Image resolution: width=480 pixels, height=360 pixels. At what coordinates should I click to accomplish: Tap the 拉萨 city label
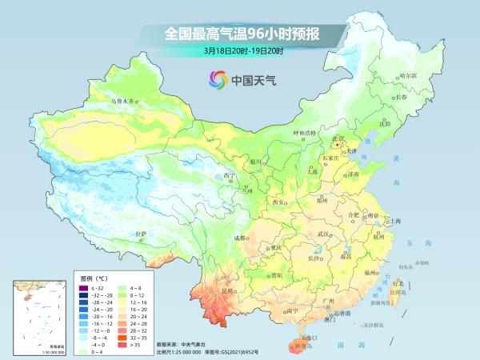(x=141, y=234)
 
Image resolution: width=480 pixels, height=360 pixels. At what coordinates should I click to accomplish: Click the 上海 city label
(x=394, y=220)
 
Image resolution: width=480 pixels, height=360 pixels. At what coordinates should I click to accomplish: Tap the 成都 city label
(x=240, y=238)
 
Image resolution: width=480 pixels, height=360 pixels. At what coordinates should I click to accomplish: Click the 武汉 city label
(x=323, y=234)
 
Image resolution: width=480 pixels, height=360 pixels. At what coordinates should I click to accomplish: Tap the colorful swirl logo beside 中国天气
(x=217, y=78)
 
